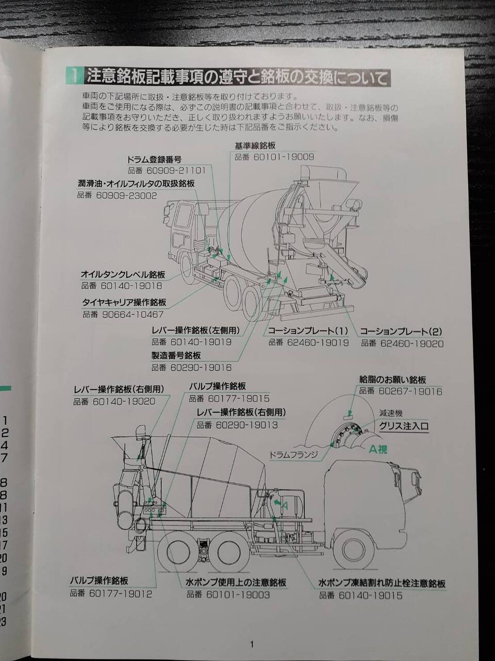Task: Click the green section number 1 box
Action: click(x=74, y=76)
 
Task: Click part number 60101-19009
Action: click(x=284, y=157)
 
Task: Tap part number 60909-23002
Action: click(x=126, y=196)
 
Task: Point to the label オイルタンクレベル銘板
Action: click(x=123, y=275)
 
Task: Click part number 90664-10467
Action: click(x=133, y=314)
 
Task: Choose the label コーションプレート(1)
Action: click(x=308, y=331)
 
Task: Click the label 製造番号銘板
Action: click(x=176, y=356)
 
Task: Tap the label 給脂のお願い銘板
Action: click(x=392, y=380)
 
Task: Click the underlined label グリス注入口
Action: click(x=404, y=426)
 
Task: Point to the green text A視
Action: click(x=378, y=450)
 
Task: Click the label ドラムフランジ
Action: click(x=293, y=454)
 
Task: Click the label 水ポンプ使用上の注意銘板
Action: click(x=236, y=582)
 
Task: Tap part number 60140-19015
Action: click(x=370, y=595)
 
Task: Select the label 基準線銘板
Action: click(x=255, y=146)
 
